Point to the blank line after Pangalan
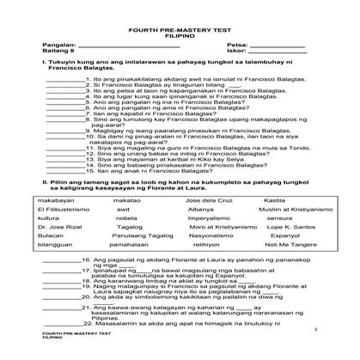pos(112,42)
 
